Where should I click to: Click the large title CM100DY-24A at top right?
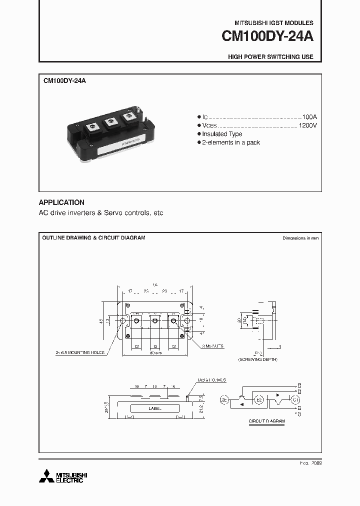point(267,37)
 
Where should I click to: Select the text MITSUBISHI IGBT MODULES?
point(274,23)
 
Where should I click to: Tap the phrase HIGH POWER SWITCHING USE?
point(270,57)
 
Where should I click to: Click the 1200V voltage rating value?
point(307,125)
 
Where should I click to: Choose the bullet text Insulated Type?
point(222,134)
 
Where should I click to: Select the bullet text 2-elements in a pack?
point(231,142)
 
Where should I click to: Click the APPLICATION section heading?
point(61,202)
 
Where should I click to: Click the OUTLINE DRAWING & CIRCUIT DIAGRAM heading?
point(93,238)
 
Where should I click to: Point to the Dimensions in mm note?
point(300,238)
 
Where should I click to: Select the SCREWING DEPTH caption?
point(256,360)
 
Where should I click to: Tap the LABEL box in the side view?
point(155,408)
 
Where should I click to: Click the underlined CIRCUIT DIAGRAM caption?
point(266,421)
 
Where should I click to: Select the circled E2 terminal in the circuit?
point(259,400)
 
